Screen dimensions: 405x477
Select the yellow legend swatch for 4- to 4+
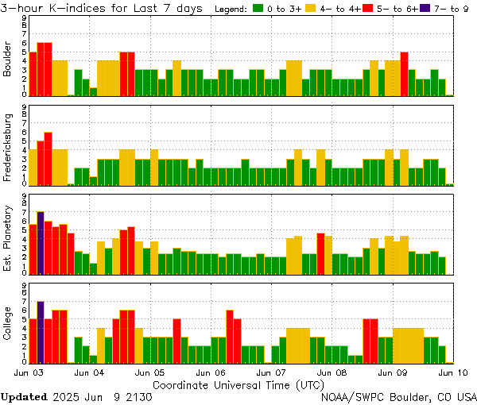coord(310,8)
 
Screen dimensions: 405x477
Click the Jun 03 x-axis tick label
coord(29,372)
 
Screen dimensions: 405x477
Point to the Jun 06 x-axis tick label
coord(211,372)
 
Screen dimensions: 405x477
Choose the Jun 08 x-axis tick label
coord(333,372)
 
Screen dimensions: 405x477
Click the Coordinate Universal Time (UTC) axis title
coord(238,384)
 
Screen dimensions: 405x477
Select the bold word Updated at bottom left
coord(23,396)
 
